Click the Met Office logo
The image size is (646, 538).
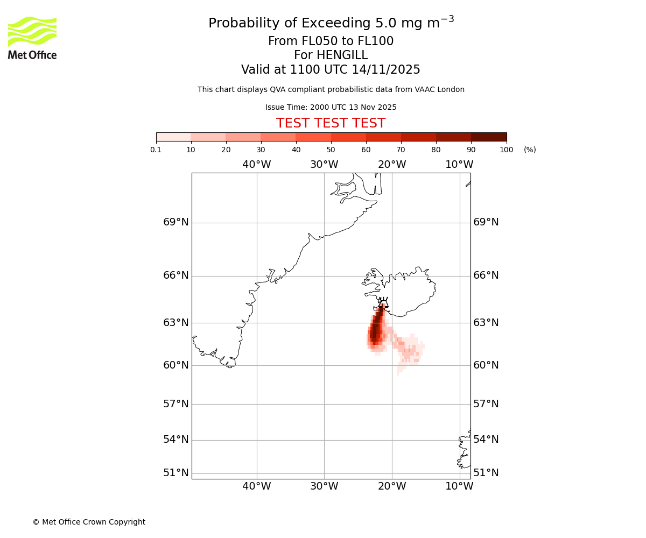[32, 38]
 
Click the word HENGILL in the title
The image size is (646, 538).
[342, 55]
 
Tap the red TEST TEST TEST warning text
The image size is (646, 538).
[331, 123]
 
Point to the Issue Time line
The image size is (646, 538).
[331, 107]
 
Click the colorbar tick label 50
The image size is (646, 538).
[331, 150]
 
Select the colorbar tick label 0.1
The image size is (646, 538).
[156, 150]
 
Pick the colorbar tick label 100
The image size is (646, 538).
[506, 150]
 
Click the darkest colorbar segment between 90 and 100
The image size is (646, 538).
[489, 137]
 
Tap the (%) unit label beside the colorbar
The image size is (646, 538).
[530, 150]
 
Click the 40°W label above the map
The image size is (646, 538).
[256, 165]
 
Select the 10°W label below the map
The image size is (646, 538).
[459, 486]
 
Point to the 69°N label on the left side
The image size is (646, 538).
[176, 222]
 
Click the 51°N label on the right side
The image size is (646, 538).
[486, 473]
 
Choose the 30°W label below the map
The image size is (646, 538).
[324, 486]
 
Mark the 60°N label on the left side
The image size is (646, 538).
[176, 365]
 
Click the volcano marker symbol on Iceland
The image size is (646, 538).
[383, 303]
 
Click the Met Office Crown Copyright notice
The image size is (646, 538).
[89, 522]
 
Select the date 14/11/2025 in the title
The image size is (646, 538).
[386, 70]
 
